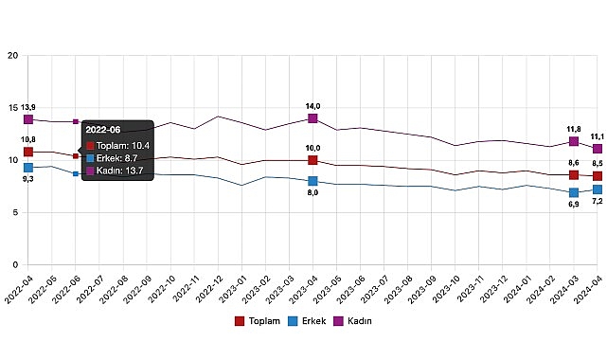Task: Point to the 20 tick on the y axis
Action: [12, 56]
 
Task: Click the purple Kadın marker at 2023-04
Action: [312, 118]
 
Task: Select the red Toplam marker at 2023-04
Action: [312, 160]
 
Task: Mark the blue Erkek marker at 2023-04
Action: [312, 181]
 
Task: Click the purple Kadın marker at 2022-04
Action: [28, 119]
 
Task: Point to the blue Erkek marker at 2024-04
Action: [597, 189]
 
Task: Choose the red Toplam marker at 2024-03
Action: [573, 175]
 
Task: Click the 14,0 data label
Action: [312, 106]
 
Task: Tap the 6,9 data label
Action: [573, 205]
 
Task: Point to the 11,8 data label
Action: [573, 129]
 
